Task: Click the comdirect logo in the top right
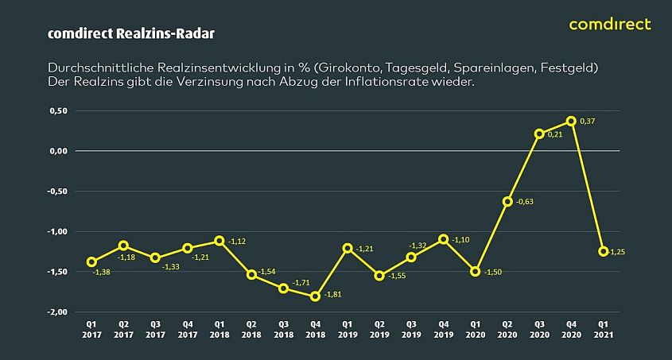tap(610, 24)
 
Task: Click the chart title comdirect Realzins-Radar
tap(130, 34)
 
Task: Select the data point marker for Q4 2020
tap(571, 121)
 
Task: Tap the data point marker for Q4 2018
tap(315, 296)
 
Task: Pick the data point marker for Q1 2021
tap(603, 251)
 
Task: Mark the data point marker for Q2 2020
tap(507, 201)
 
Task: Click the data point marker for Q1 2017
tap(91, 261)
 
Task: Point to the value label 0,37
tap(588, 121)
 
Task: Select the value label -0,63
tap(525, 202)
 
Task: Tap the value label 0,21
tap(557, 134)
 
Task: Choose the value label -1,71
tap(301, 282)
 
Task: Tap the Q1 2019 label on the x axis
tap(347, 330)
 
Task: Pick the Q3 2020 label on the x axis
tap(539, 330)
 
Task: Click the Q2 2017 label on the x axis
tap(123, 330)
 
